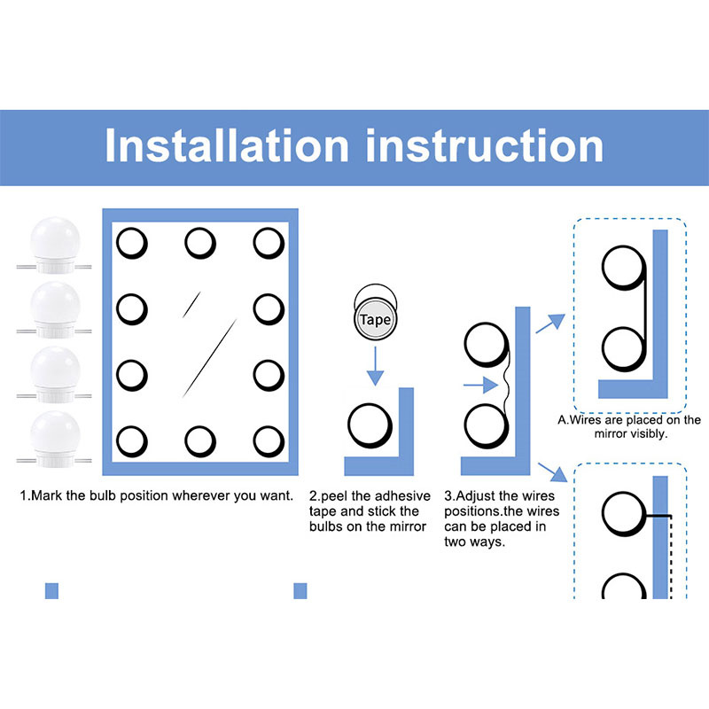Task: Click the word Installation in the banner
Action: point(227,145)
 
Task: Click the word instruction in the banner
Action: point(484,145)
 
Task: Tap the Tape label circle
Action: point(375,319)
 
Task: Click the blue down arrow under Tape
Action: point(375,366)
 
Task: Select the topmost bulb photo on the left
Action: point(55,245)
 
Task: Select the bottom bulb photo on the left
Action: point(55,439)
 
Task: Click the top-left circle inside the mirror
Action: point(132,243)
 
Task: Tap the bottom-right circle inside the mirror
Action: point(269,441)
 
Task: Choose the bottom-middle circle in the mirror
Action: point(200,441)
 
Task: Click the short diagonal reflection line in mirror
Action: point(191,305)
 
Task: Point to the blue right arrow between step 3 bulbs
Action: point(480,386)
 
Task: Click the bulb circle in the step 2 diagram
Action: point(370,425)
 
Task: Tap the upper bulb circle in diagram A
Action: point(624,268)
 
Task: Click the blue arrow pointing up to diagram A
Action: point(550,323)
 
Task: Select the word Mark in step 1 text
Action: point(47,495)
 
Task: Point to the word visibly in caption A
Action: point(647,434)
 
